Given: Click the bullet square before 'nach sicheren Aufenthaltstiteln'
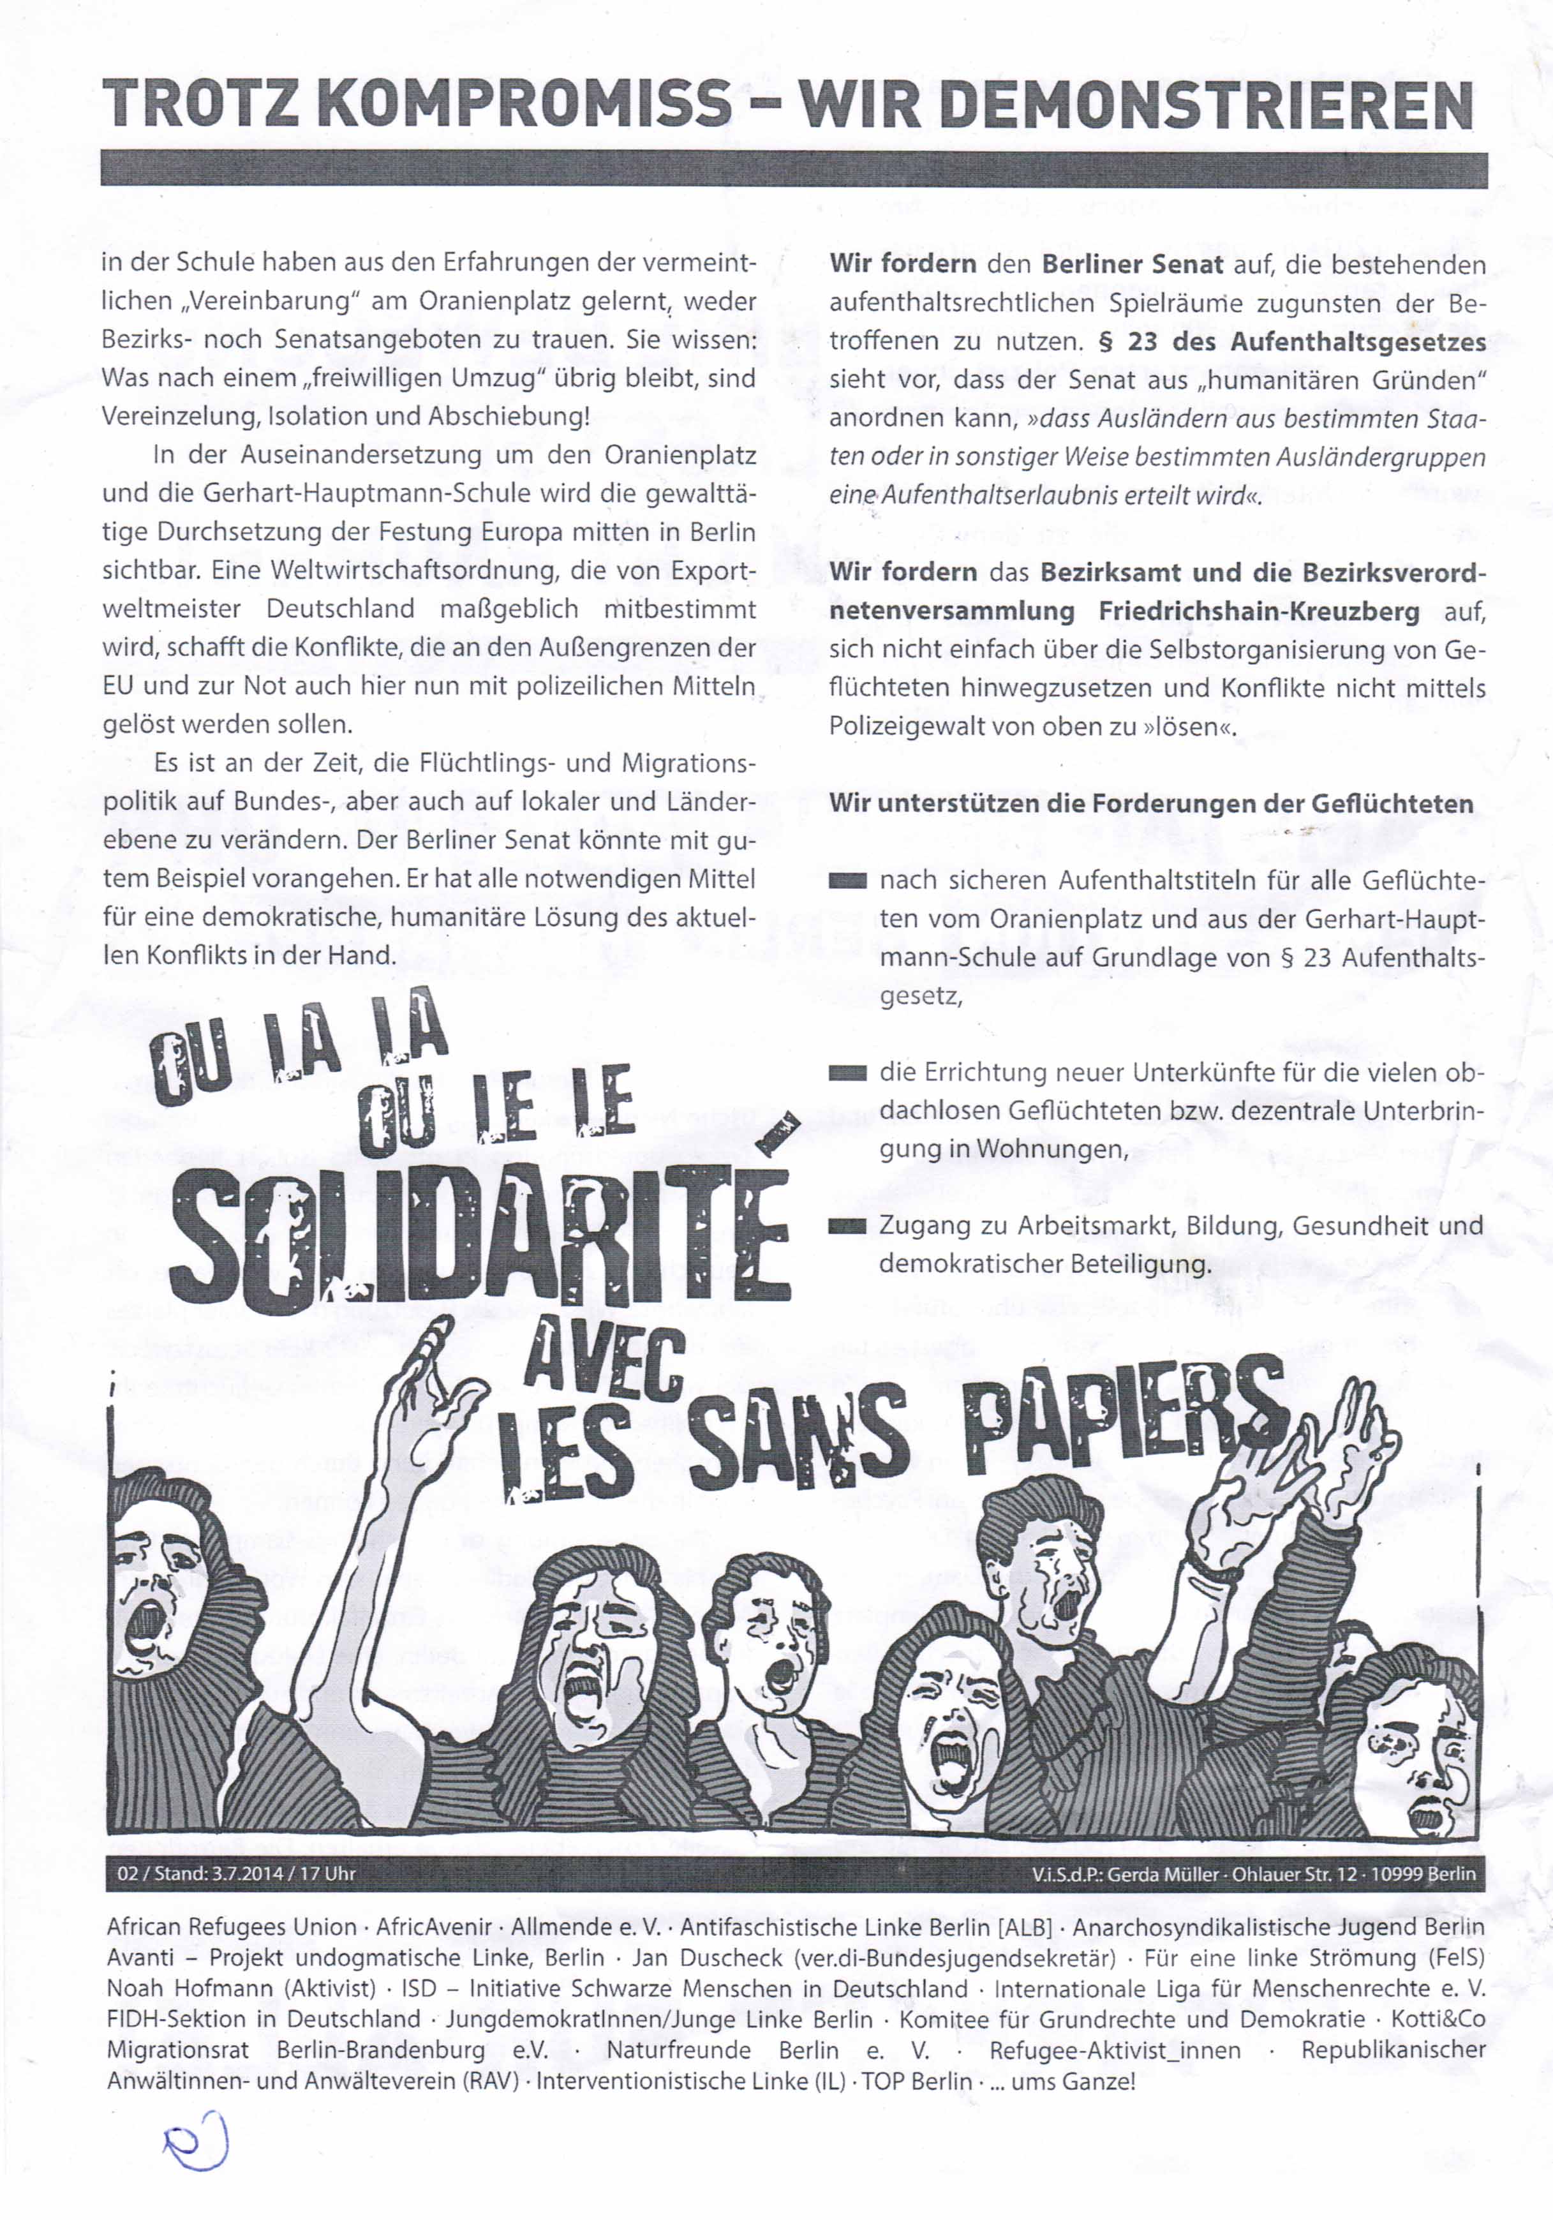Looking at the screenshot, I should point(847,882).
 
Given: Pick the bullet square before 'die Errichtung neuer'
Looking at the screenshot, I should point(847,1073).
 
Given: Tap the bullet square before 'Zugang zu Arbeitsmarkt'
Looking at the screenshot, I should point(847,1227).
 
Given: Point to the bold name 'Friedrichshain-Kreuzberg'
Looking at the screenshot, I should point(1259,611).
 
